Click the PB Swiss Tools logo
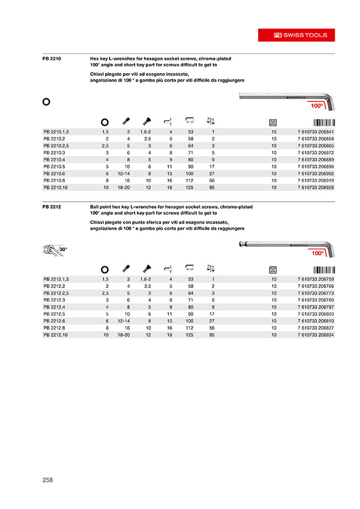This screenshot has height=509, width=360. pyautogui.click(x=300, y=35)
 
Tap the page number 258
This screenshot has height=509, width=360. pyautogui.click(x=48, y=480)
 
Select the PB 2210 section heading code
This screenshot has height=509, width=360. pyautogui.click(x=51, y=58)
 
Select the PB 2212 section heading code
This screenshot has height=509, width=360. pyautogui.click(x=51, y=207)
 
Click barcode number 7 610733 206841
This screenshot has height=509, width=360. pyautogui.click(x=313, y=131)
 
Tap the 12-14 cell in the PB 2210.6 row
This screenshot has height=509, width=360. pyautogui.click(x=124, y=173)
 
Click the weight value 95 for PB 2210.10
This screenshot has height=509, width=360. pyautogui.click(x=212, y=187)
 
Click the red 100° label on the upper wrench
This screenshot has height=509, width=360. pyautogui.click(x=316, y=105)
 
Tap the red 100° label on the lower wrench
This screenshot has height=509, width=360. pyautogui.click(x=317, y=253)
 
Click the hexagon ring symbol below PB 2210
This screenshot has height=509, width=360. pyautogui.click(x=47, y=101)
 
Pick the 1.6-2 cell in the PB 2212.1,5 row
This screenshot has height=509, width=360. pyautogui.click(x=146, y=279)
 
